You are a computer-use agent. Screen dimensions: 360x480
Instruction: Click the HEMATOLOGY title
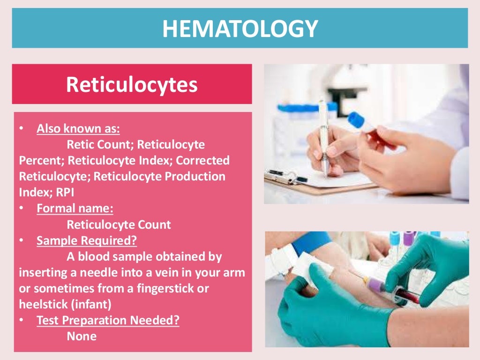pyautogui.click(x=240, y=29)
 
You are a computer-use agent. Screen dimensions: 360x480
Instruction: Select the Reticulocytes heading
pyautogui.click(x=131, y=84)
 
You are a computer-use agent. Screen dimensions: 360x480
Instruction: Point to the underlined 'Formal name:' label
pyautogui.click(x=75, y=208)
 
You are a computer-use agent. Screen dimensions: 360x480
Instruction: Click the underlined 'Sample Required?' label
pyautogui.click(x=87, y=240)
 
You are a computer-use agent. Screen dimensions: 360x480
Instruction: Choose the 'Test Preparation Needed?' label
pyautogui.click(x=108, y=321)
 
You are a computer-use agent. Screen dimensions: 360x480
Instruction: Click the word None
pyautogui.click(x=82, y=336)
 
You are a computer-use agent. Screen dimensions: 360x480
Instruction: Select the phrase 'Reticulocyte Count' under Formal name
pyautogui.click(x=119, y=225)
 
